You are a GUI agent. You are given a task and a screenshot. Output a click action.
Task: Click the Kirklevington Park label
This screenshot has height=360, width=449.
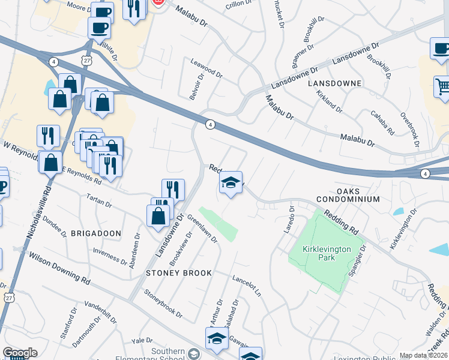327,252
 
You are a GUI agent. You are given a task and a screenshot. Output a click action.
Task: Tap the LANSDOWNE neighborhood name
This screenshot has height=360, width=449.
334,83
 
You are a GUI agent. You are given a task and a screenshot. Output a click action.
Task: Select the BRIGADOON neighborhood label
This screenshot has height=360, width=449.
96,233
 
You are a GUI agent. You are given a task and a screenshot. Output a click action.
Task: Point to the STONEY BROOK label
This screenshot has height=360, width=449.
179,273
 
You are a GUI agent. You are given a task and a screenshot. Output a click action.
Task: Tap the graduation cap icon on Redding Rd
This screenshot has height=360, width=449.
231,182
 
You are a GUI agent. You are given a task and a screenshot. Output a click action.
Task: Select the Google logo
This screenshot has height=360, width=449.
20,353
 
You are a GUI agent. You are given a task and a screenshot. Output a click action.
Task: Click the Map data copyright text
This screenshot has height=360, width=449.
423,355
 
